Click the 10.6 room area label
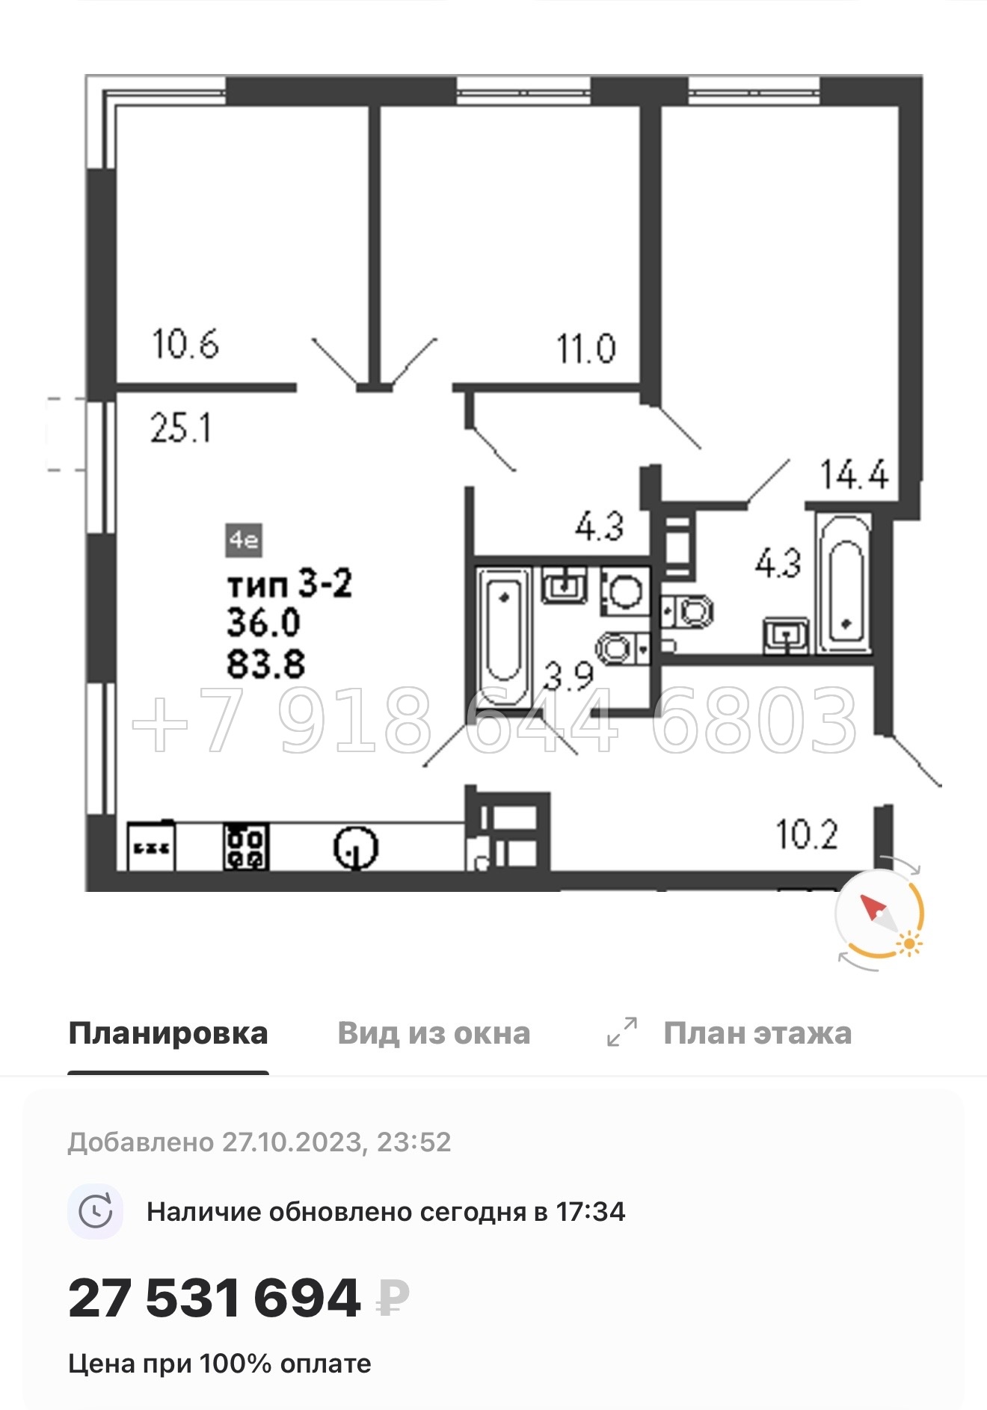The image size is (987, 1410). (x=185, y=345)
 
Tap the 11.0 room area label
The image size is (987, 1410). (x=585, y=349)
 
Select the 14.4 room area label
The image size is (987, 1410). (x=854, y=475)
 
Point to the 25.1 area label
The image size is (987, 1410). (x=180, y=428)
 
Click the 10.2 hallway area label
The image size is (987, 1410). (x=807, y=834)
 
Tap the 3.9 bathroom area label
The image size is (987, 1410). (x=568, y=677)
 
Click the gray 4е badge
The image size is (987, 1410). (x=244, y=540)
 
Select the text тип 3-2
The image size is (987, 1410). (x=289, y=583)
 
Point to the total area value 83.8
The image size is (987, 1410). (x=265, y=664)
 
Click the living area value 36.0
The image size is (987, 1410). (x=264, y=623)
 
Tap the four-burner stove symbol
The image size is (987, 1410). (x=246, y=846)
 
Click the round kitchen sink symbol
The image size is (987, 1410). (x=355, y=848)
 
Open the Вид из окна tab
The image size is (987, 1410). (x=434, y=1033)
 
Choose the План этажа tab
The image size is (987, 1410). (x=757, y=1033)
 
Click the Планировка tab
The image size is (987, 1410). (x=168, y=1033)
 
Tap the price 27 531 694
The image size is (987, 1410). (x=215, y=1298)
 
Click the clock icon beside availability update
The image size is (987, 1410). (x=96, y=1212)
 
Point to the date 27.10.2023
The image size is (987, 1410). (x=292, y=1142)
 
